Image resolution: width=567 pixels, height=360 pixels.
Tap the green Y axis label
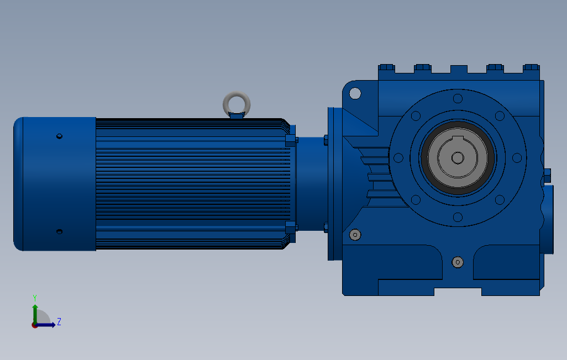(35, 298)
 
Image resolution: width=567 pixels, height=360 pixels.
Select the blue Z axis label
(59, 321)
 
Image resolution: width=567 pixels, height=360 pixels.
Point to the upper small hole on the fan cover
(60, 136)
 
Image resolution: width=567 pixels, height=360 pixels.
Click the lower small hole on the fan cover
(60, 231)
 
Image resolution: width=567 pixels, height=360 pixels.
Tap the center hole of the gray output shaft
(458, 157)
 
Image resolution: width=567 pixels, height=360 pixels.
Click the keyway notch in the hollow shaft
(458, 139)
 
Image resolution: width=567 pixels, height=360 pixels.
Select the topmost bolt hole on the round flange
(458, 98)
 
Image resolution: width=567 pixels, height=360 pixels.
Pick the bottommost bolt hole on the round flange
(458, 217)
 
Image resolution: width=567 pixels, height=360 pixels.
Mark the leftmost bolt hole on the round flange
(398, 157)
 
